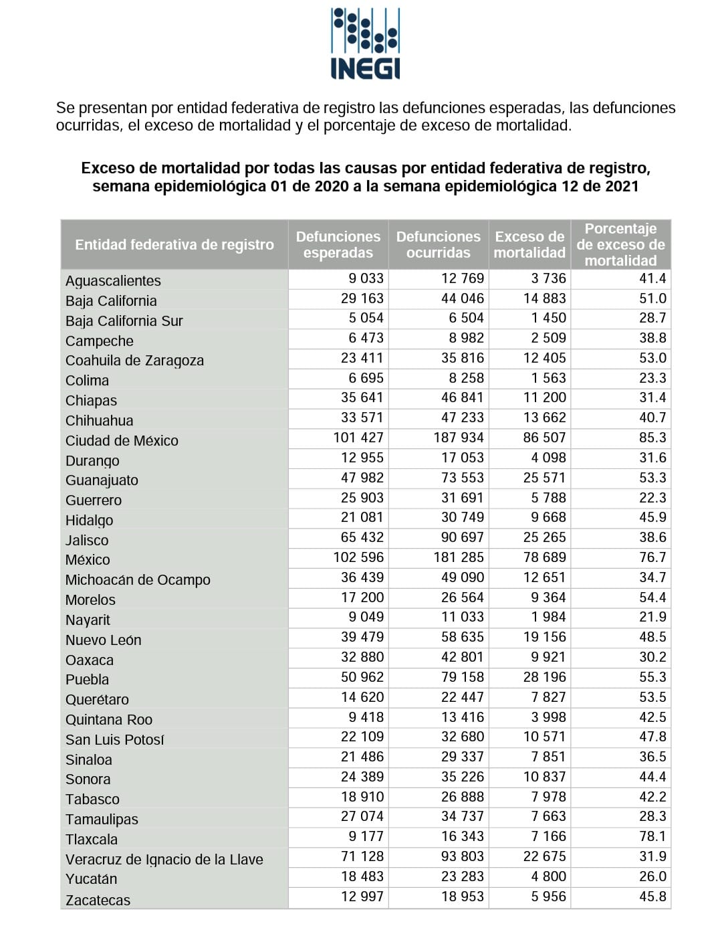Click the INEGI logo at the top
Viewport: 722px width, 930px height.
(x=366, y=44)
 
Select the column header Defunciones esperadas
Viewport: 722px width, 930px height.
(x=338, y=245)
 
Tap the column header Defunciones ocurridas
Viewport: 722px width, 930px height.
(x=438, y=245)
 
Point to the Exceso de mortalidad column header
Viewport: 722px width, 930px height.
(x=529, y=245)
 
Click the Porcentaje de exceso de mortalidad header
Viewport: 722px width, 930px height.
(x=620, y=245)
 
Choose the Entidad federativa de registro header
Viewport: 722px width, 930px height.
(x=174, y=245)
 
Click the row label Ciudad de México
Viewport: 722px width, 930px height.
(x=122, y=441)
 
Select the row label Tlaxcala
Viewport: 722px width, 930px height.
(x=92, y=840)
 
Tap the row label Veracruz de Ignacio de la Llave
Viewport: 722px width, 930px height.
(x=164, y=860)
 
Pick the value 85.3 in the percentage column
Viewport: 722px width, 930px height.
(x=652, y=438)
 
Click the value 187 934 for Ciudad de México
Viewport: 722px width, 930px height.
(x=459, y=438)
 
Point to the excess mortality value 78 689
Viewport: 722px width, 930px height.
(x=545, y=557)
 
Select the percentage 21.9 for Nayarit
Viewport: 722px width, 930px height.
(x=652, y=618)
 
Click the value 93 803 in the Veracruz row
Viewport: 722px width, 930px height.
(x=463, y=856)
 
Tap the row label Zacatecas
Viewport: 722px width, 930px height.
(x=98, y=901)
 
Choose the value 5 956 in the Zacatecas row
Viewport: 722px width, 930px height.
(x=549, y=897)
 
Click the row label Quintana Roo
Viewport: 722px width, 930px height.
(x=109, y=720)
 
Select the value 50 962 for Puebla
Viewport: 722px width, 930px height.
(x=362, y=677)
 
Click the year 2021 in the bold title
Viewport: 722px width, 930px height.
(x=622, y=186)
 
